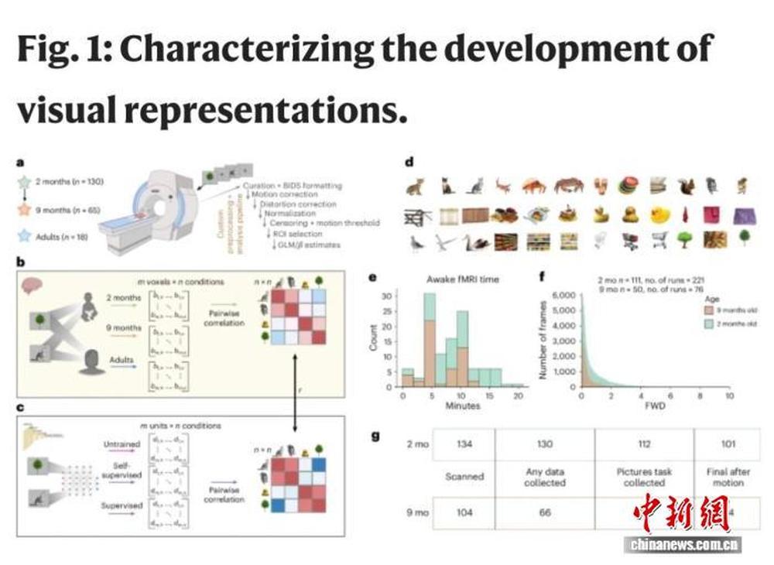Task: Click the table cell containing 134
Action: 464,443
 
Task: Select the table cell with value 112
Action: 644,443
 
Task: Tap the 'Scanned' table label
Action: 464,478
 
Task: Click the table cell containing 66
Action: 544,513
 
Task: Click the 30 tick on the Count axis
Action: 392,296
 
